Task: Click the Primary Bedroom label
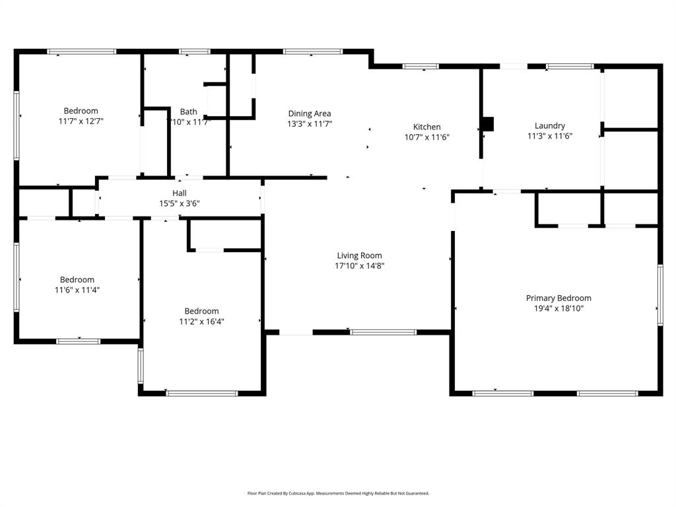[558, 298]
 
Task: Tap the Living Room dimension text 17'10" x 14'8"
[359, 266]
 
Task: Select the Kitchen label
[426, 127]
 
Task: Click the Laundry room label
[549, 125]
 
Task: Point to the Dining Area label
[309, 114]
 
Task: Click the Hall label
[180, 193]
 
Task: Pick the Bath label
[188, 112]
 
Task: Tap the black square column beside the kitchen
[488, 123]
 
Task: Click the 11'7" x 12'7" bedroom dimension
[81, 121]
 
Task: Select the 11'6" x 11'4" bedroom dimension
[77, 290]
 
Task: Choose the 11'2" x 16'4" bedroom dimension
[201, 321]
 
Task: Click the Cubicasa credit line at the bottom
[338, 493]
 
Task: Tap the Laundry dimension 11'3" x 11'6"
[549, 136]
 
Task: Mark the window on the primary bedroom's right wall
[659, 295]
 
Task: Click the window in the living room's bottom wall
[383, 332]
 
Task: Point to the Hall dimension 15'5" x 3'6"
[180, 203]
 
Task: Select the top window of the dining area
[312, 51]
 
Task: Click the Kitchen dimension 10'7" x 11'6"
[426, 137]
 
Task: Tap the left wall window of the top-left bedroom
[17, 125]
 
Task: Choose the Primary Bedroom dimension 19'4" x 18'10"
[558, 308]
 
